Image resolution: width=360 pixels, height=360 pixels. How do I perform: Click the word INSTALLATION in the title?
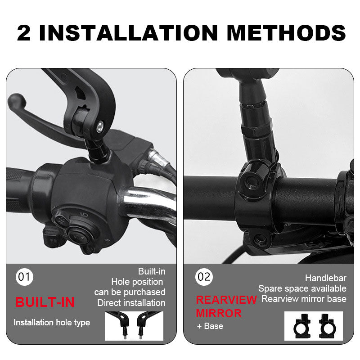point(128,33)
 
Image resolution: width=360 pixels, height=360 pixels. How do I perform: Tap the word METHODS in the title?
point(286,33)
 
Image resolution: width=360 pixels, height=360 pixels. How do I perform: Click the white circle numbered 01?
point(24,277)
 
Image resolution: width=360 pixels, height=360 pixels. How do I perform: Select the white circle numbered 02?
point(204,277)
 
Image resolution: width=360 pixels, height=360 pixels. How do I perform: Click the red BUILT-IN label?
point(45,302)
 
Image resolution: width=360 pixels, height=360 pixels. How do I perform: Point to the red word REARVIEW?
point(226,300)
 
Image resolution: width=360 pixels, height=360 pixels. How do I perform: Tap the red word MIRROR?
point(219,313)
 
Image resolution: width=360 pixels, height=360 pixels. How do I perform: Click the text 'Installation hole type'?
point(52,323)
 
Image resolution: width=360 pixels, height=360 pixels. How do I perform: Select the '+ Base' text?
point(210,326)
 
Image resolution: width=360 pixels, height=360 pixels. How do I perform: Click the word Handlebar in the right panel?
point(325,278)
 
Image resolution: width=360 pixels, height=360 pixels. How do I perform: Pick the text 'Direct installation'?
point(131,303)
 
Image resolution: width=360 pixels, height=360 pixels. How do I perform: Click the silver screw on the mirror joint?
point(100,127)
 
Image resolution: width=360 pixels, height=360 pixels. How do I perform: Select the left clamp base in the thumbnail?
point(302,326)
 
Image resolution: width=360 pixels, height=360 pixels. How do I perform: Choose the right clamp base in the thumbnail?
point(328,326)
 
